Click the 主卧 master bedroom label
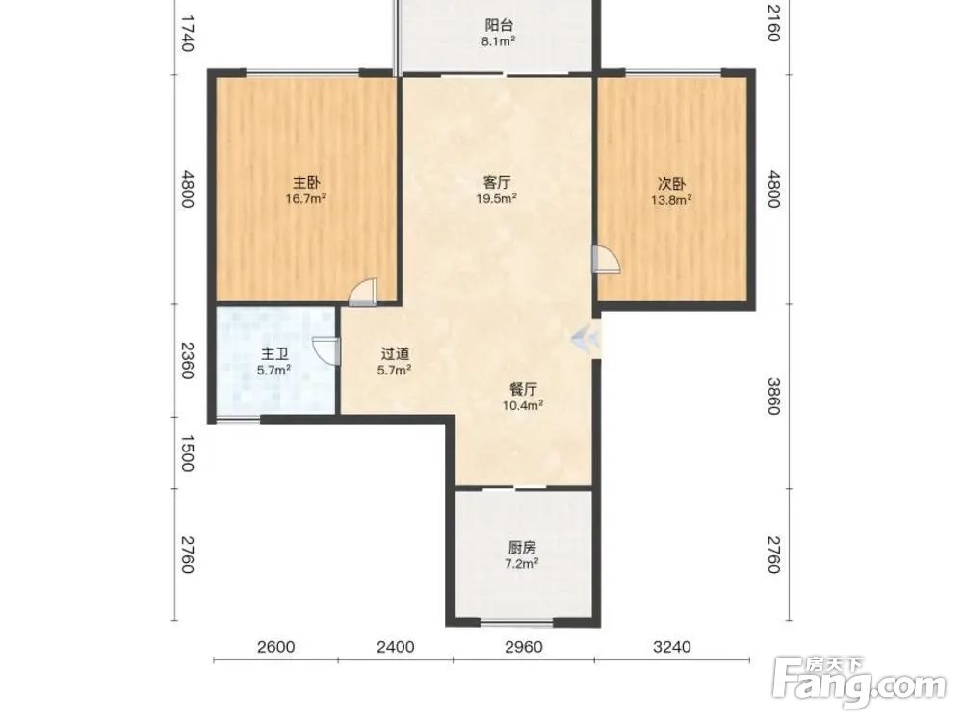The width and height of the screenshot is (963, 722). [x=306, y=182]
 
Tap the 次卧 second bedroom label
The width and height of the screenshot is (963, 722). [x=672, y=183]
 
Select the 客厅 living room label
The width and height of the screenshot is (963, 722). [x=496, y=182]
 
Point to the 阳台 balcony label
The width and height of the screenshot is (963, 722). [x=498, y=25]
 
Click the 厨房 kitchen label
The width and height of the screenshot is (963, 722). [x=522, y=547]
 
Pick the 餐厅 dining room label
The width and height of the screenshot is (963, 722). [x=523, y=389]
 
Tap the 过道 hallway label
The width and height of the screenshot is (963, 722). [x=395, y=353]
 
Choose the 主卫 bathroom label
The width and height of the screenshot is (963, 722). [x=274, y=354]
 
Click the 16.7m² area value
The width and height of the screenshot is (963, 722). [x=305, y=199]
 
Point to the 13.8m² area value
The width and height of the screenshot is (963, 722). [x=672, y=199]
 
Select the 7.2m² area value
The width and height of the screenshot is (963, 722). [x=522, y=563]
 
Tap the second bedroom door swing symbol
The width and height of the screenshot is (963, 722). [x=606, y=259]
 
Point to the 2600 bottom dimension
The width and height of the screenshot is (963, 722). [x=276, y=647]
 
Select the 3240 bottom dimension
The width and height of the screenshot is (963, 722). [x=672, y=647]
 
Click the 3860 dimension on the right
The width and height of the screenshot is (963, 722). [x=773, y=396]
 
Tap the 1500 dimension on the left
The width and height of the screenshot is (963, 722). [x=188, y=453]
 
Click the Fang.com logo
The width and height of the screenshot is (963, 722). [x=859, y=683]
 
